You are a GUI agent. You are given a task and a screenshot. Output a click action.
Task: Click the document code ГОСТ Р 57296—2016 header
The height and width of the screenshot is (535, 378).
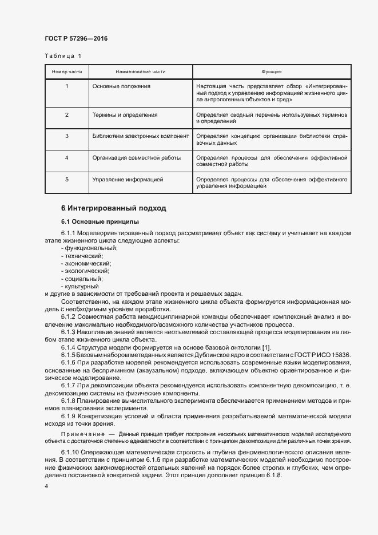(x=76, y=39)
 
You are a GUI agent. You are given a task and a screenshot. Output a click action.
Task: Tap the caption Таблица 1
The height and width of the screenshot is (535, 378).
(x=63, y=56)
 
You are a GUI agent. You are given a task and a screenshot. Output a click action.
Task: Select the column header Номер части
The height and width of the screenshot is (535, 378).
(x=67, y=72)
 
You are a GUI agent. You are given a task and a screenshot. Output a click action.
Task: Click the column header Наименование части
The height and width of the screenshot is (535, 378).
(x=140, y=72)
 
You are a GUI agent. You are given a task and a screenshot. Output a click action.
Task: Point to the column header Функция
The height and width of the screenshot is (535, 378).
(x=272, y=72)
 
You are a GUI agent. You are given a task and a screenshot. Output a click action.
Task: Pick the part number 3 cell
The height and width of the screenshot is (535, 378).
(x=67, y=136)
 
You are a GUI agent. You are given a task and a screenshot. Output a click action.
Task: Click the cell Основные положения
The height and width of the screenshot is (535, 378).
(x=121, y=86)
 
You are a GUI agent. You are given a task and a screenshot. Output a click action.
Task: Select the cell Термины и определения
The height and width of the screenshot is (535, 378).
(x=125, y=115)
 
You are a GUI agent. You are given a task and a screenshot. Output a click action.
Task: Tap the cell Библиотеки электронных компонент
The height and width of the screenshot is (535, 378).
(x=141, y=136)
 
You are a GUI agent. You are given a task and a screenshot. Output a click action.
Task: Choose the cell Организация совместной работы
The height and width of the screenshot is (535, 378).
(x=137, y=157)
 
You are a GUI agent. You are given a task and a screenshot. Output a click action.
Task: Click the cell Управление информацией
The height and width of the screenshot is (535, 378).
(x=128, y=179)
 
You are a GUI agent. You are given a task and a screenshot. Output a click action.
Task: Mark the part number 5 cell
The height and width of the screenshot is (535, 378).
(x=67, y=179)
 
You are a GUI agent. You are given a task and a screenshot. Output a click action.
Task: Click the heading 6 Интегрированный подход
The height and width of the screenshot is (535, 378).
(x=114, y=208)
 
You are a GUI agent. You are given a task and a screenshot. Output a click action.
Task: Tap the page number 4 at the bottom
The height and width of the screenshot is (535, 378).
(x=46, y=486)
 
